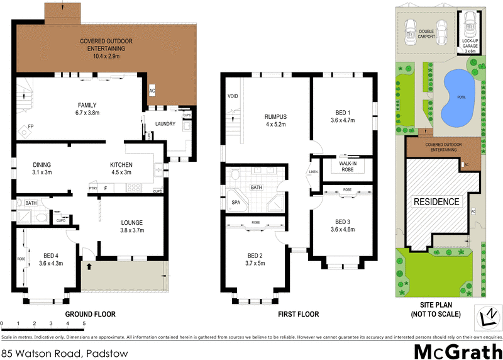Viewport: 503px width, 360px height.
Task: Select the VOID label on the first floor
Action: point(233,97)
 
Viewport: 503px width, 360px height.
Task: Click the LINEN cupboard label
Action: point(313,171)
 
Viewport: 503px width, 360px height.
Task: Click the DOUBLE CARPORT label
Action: point(427,33)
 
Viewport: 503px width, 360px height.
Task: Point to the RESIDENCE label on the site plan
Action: point(436,202)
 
